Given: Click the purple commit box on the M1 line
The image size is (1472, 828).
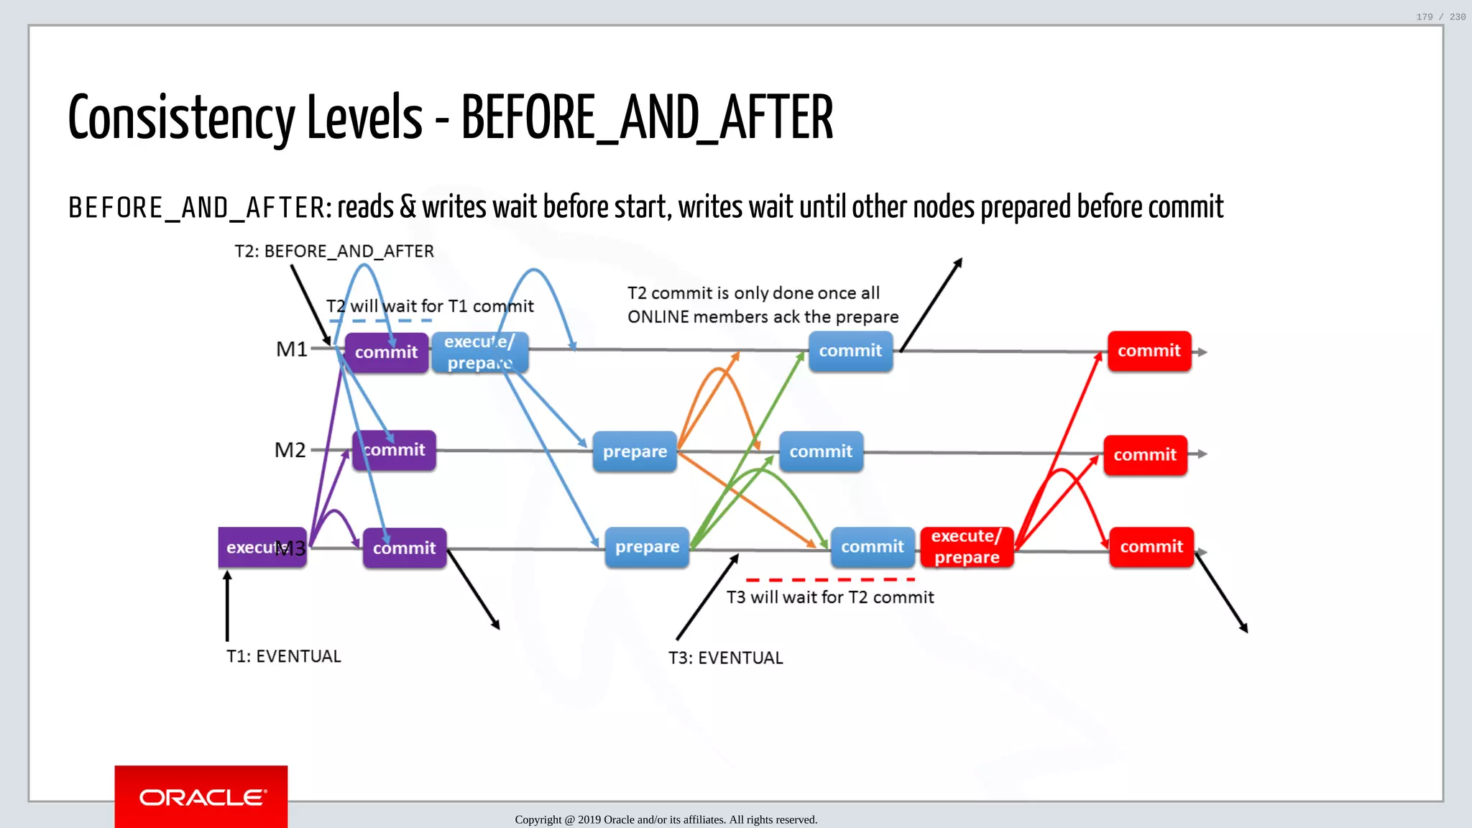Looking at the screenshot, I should [x=386, y=352].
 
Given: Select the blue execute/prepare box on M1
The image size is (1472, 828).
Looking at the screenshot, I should [x=479, y=352].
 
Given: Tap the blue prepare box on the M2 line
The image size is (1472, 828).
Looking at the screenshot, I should [x=635, y=451].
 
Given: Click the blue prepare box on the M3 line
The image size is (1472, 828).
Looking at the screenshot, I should [x=647, y=547].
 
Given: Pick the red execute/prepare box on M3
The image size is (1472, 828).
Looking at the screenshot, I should [x=966, y=547].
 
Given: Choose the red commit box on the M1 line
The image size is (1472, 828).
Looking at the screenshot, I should [x=1149, y=351].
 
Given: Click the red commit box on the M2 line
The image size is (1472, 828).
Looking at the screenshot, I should [x=1145, y=454].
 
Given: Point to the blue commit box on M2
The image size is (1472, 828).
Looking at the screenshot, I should [x=821, y=451].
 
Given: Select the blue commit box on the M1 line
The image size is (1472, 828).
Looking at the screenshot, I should [x=850, y=351].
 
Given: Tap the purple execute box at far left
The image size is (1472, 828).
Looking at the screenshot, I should [x=252, y=547].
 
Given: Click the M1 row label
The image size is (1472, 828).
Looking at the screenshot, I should [x=291, y=349].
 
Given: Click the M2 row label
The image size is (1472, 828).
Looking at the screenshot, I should [x=290, y=450].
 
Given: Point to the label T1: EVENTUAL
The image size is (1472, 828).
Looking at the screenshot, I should [x=283, y=656].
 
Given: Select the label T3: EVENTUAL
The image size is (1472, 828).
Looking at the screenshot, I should [x=725, y=658].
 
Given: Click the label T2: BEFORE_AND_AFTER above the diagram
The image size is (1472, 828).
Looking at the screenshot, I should [x=334, y=251].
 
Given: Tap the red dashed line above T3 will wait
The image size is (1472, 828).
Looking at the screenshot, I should [x=830, y=579].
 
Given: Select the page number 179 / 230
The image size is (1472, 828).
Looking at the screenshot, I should [x=1440, y=17].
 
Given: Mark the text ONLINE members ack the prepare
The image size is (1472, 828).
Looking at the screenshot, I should [x=763, y=317].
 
